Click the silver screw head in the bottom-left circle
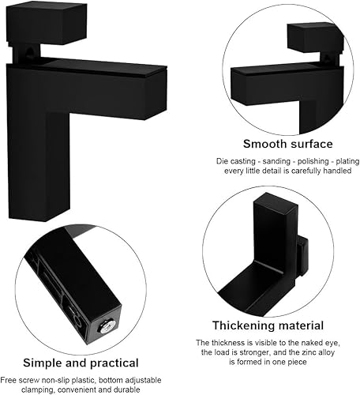[x=108, y=328]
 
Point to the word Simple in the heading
[x=43, y=363]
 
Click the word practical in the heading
[x=114, y=363]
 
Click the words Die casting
[x=236, y=161]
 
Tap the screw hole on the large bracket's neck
[x=30, y=51]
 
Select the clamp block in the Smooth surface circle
[x=316, y=38]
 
